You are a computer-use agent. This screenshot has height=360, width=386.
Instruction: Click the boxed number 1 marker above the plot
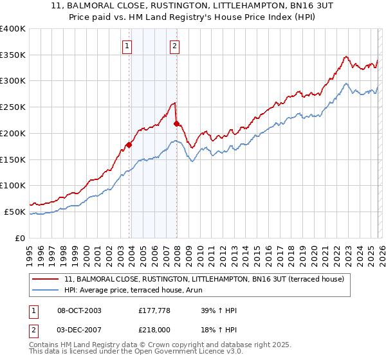(x=127, y=46)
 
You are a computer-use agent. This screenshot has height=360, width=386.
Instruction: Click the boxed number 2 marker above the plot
(x=175, y=46)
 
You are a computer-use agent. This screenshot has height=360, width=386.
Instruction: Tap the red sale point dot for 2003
(x=129, y=145)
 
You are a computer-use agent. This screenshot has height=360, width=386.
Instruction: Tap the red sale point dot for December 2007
(x=176, y=123)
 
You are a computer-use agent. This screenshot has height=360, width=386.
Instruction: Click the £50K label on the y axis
(x=15, y=212)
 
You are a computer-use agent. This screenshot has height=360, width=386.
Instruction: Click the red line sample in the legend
(x=46, y=279)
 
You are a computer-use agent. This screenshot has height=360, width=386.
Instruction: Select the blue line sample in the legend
(x=46, y=290)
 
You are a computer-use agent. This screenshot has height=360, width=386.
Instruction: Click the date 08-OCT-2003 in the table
(x=79, y=310)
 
